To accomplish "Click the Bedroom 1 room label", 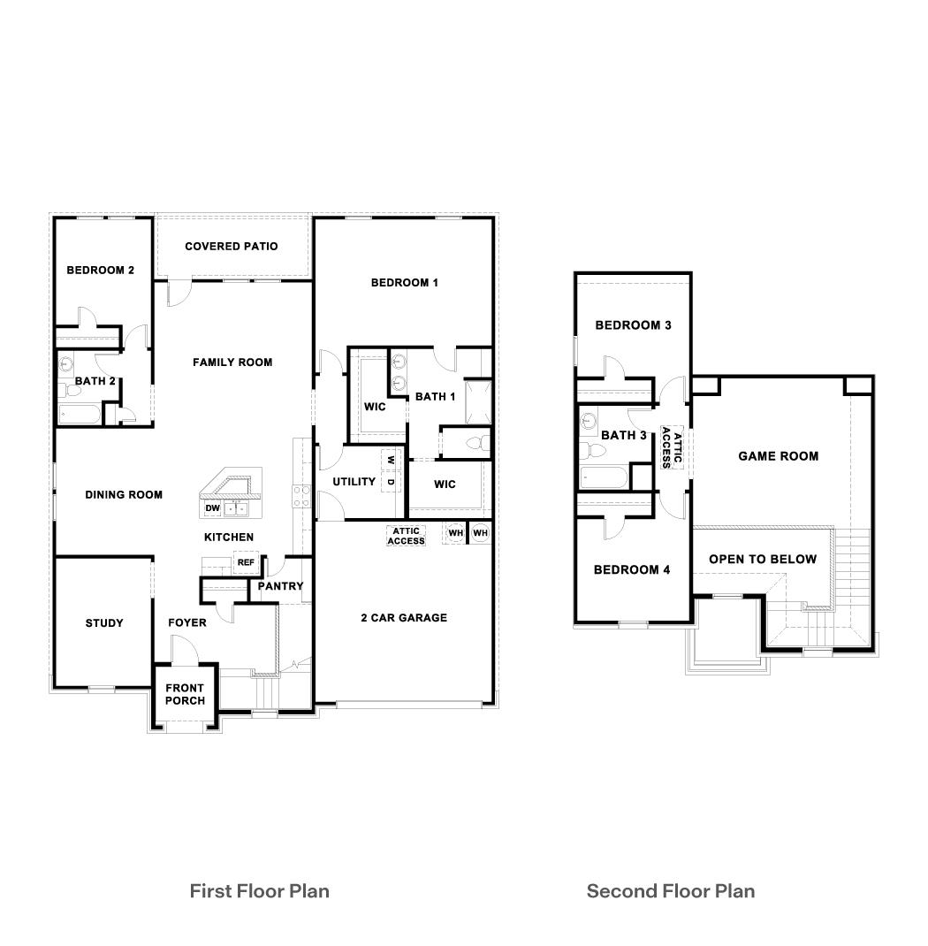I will [x=404, y=283].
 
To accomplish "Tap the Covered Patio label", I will [x=232, y=247].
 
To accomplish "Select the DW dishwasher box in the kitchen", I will [x=212, y=508].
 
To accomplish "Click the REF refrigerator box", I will [x=245, y=562].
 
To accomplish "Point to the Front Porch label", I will [x=185, y=694].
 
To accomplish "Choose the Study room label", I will [x=104, y=623].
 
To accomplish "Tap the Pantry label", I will [x=280, y=586].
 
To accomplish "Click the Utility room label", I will [x=354, y=482].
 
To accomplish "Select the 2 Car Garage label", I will [x=404, y=618].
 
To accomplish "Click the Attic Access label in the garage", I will [x=407, y=536].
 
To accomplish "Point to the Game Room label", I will [x=778, y=456].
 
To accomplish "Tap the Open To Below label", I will [x=763, y=559].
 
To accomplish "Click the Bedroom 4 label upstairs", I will [x=631, y=570].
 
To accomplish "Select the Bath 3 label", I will [x=624, y=435].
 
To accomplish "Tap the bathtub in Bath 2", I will [x=80, y=415].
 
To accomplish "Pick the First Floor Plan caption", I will [x=259, y=890].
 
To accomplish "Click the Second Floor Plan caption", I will [x=671, y=890].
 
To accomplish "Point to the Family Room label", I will [x=232, y=362].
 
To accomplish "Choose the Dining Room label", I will [x=124, y=495].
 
